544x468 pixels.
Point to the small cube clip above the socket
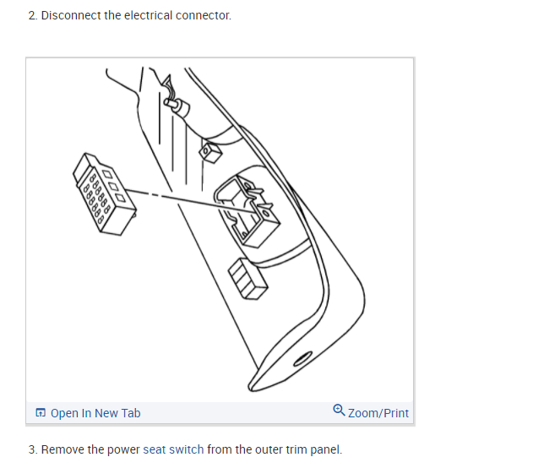(209, 150)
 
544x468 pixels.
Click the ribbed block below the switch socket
(248, 280)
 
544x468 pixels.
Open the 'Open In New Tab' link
(95, 413)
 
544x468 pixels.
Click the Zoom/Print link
(378, 413)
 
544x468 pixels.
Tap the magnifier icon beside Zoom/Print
(339, 411)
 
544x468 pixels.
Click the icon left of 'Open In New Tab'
(41, 413)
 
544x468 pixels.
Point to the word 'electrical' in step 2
(147, 15)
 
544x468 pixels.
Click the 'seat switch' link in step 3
(173, 449)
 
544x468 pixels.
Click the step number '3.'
(33, 449)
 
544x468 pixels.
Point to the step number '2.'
(33, 15)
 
